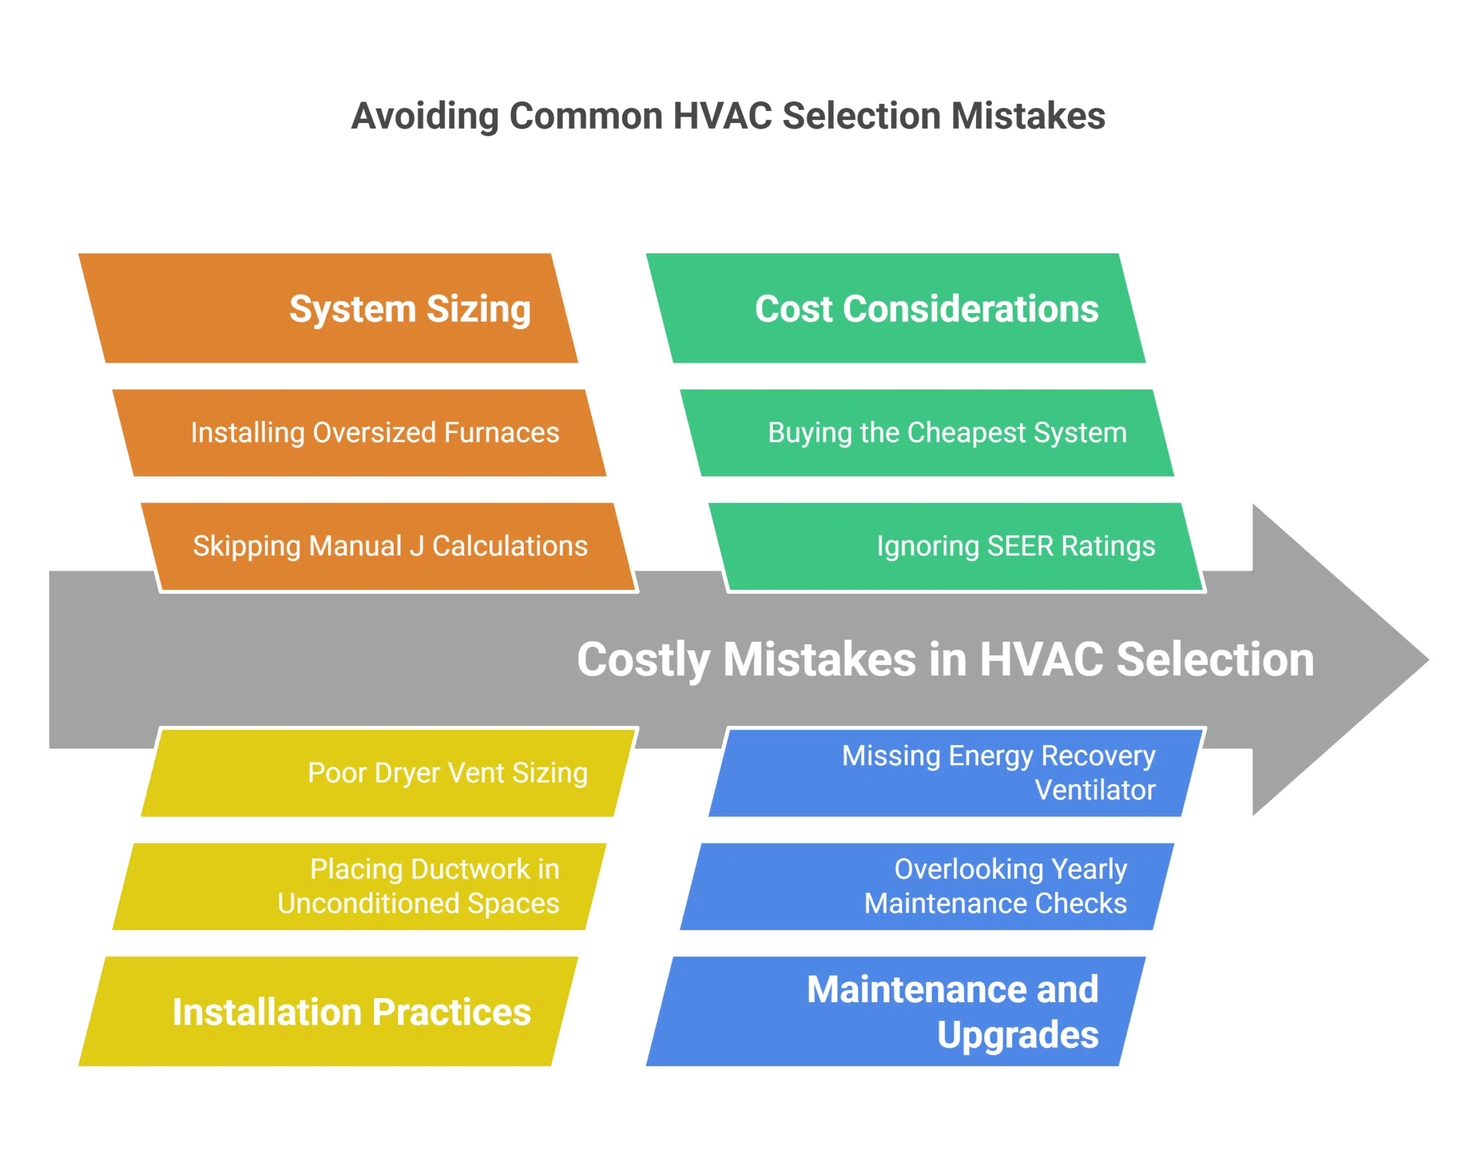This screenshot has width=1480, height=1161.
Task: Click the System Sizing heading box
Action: [x=328, y=308]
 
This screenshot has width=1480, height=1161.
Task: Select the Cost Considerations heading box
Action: [x=894, y=308]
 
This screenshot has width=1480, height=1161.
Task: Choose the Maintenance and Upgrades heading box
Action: [x=894, y=1012]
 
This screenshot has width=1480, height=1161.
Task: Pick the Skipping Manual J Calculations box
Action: [x=388, y=546]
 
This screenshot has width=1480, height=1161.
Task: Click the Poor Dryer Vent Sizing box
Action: [x=388, y=773]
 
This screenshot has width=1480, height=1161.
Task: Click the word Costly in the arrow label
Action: [x=643, y=660]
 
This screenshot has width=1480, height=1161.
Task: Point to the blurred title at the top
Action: [x=726, y=116]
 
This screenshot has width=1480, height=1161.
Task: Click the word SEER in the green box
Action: [x=1020, y=546]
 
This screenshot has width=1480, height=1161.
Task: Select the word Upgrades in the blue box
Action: [x=1017, y=1035]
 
